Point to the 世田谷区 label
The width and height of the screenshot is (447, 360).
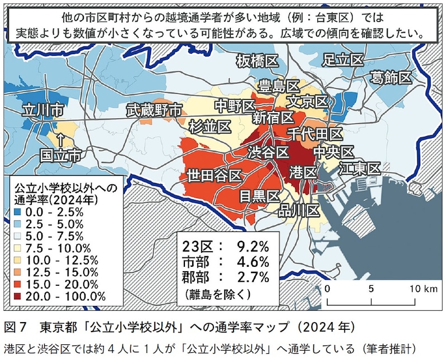click(215, 175)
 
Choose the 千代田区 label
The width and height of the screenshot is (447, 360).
click(315, 134)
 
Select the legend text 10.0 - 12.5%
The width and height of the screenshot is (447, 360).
click(59, 260)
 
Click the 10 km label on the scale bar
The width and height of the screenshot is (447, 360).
click(420, 289)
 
